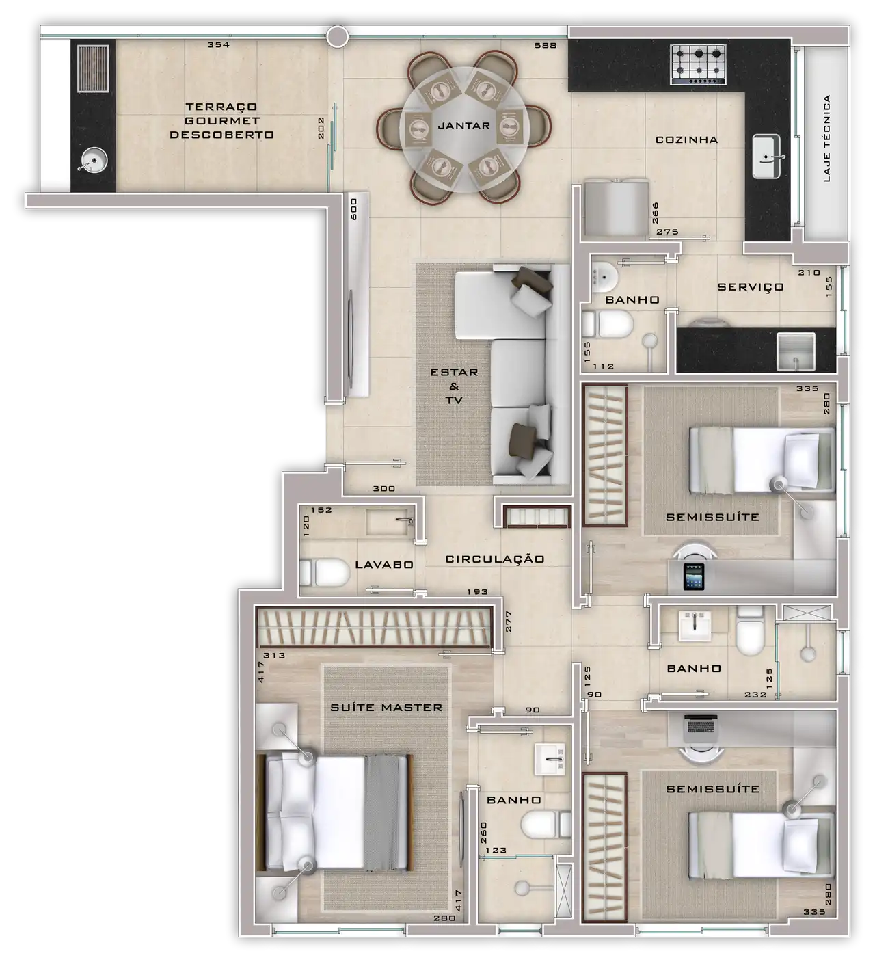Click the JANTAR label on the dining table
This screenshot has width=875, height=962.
tap(463, 126)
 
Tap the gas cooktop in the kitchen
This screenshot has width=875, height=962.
tap(697, 65)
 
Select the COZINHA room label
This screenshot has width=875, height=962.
tap(686, 140)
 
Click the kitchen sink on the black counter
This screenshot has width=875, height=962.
tap(766, 157)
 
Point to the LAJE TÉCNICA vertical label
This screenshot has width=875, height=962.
tap(826, 138)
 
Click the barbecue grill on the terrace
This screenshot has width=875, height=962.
tap(93, 68)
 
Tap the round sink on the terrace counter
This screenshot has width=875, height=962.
tap(93, 160)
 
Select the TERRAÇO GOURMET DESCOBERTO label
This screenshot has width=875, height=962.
tap(221, 121)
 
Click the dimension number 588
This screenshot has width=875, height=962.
tap(546, 46)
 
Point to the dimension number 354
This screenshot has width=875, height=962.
tap(218, 45)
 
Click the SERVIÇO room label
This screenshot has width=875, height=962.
tap(751, 286)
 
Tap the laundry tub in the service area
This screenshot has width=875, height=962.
tap(796, 351)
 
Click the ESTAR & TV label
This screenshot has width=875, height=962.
tap(453, 386)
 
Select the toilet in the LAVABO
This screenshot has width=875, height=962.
tap(324, 572)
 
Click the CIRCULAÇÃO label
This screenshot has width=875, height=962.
tap(495, 559)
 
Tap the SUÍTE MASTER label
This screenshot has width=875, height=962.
tap(386, 708)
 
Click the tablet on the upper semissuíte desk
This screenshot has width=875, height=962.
tap(693, 577)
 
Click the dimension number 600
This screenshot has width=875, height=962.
tap(354, 209)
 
